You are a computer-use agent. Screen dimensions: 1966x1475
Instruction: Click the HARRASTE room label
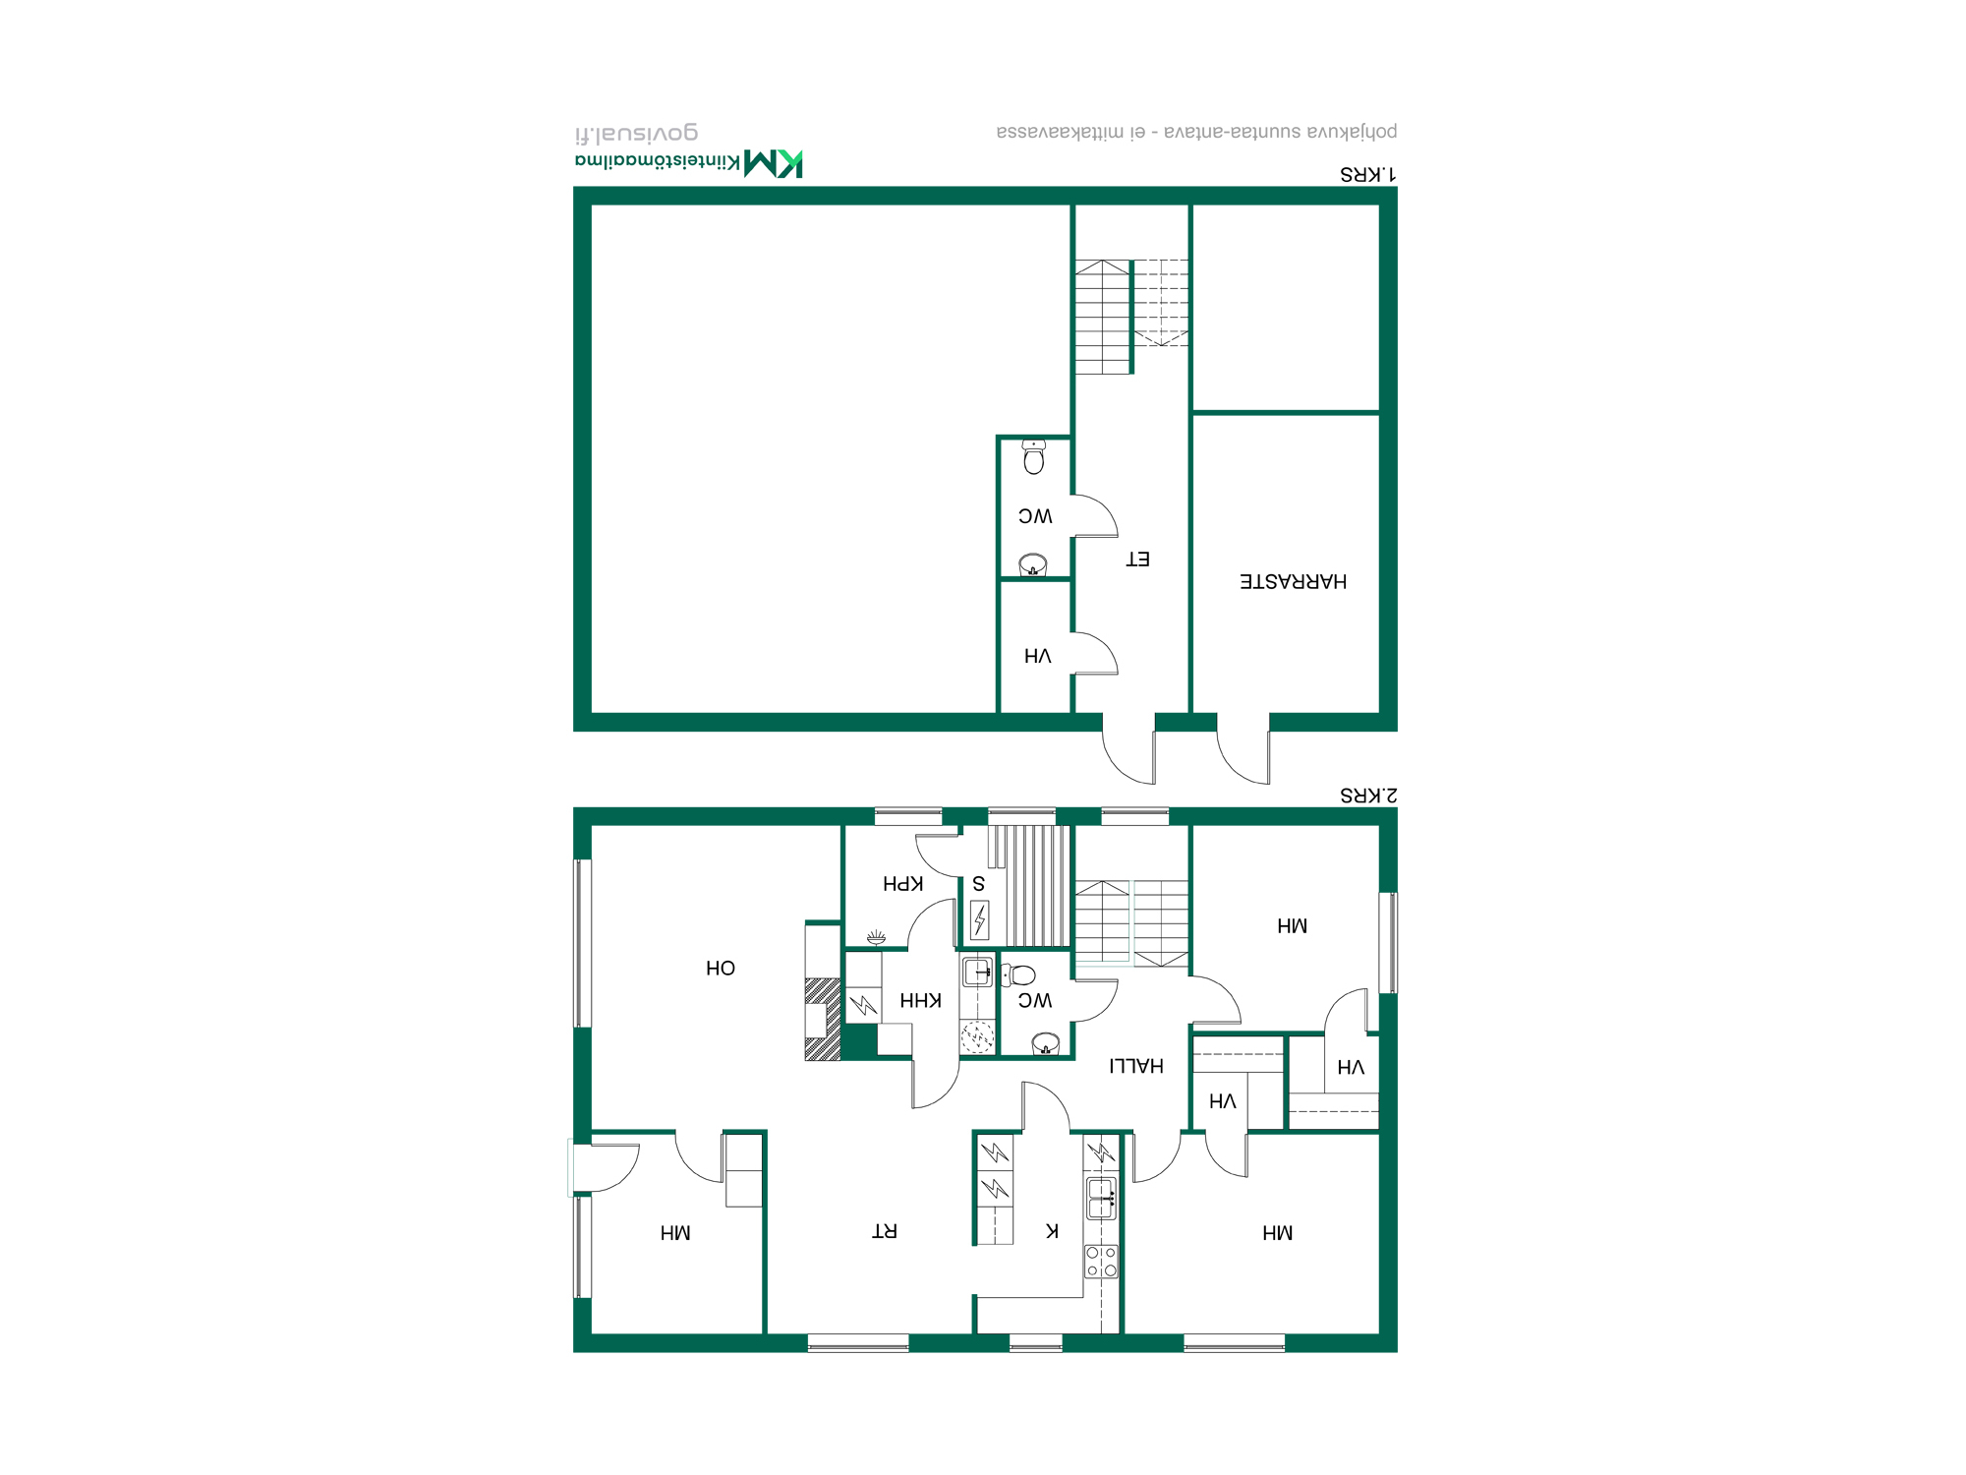[1293, 581]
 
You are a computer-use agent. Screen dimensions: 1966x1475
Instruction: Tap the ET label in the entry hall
[1137, 560]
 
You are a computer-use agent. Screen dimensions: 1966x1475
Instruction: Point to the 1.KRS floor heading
[1368, 174]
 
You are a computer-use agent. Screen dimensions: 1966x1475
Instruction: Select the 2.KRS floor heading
[1368, 795]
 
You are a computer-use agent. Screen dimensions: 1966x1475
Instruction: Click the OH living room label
[721, 969]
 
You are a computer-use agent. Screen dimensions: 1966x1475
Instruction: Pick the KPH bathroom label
[902, 884]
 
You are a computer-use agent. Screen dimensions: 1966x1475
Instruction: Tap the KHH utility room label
[920, 1001]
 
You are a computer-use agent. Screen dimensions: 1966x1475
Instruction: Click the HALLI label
[1136, 1066]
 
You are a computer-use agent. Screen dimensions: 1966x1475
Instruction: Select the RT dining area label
[885, 1231]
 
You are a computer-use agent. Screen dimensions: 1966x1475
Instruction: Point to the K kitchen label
[1052, 1231]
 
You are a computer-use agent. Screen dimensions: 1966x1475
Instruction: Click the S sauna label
[978, 884]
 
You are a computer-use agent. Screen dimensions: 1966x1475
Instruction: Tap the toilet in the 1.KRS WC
[1033, 457]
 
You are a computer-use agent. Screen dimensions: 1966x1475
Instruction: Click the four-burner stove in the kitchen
[1101, 1261]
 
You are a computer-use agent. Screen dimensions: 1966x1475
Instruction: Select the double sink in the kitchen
[1102, 1198]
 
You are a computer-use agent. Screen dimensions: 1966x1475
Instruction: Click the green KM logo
[774, 163]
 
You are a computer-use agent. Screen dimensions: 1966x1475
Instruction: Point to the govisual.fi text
[636, 133]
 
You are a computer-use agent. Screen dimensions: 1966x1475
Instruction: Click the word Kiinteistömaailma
[658, 160]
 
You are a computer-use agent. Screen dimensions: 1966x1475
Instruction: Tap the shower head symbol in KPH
[876, 937]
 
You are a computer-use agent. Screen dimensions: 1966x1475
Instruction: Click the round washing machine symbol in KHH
[977, 1036]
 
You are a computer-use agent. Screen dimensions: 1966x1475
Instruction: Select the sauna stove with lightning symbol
[979, 920]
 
